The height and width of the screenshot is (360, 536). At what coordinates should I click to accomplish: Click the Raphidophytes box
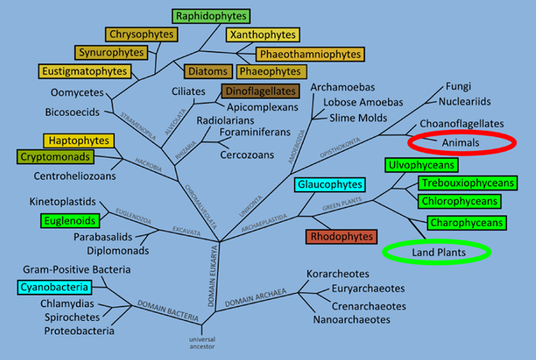[211, 16]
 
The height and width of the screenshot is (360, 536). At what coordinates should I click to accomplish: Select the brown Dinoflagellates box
[260, 91]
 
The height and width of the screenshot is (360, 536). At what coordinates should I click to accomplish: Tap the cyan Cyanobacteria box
[55, 287]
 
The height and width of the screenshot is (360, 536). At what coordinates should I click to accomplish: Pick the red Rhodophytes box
[342, 237]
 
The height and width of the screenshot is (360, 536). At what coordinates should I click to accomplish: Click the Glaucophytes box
[330, 184]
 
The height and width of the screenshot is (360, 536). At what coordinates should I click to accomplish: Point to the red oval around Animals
[462, 131]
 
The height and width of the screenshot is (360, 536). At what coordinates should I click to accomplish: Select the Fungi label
[458, 86]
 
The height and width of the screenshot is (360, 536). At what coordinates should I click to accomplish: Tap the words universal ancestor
[202, 343]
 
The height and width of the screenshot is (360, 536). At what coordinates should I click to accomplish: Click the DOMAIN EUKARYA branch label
[213, 276]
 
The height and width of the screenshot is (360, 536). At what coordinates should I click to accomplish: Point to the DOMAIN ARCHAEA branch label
[255, 298]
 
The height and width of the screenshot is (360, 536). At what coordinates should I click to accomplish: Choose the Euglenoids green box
[69, 220]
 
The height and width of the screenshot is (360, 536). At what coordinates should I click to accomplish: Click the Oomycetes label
[77, 92]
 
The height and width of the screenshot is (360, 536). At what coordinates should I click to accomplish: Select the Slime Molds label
[358, 118]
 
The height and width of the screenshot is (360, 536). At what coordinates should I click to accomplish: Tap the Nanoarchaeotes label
[352, 320]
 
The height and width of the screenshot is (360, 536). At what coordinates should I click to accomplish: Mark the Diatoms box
[208, 71]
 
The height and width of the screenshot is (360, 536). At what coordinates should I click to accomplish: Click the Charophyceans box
[467, 223]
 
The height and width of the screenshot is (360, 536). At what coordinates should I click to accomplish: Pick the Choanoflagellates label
[462, 123]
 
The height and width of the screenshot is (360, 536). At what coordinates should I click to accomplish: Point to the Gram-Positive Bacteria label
[77, 269]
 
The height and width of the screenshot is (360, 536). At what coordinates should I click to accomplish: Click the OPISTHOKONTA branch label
[339, 148]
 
